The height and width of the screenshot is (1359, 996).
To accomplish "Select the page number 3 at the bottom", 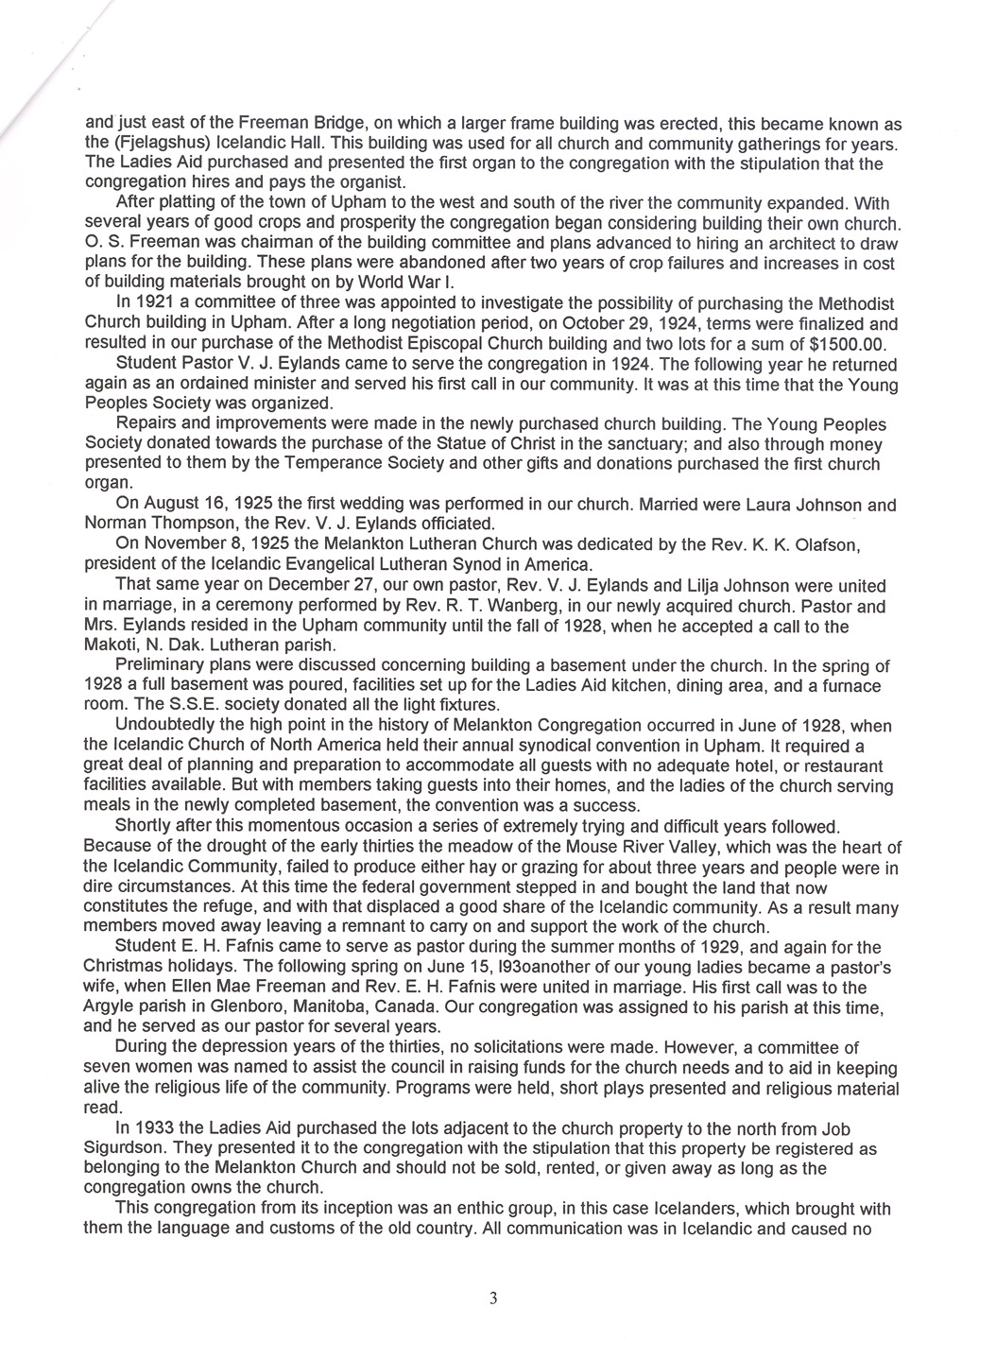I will (492, 1298).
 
